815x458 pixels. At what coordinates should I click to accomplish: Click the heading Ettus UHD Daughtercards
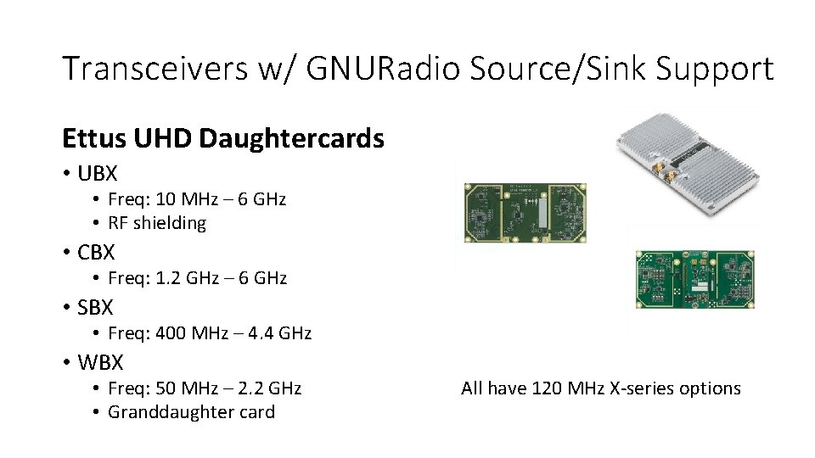[x=223, y=138]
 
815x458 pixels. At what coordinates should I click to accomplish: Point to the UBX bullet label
[x=97, y=174]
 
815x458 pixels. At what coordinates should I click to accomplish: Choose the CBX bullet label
[x=96, y=253]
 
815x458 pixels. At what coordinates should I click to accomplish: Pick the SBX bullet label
[x=95, y=307]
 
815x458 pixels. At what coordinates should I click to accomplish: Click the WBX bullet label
[x=100, y=362]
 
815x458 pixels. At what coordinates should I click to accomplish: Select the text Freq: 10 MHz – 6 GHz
[x=197, y=199]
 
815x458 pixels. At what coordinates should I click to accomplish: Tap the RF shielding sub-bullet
[x=157, y=223]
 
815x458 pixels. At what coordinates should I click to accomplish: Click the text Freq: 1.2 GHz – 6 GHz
[x=197, y=278]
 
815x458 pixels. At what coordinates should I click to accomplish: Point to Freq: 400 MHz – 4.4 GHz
[x=210, y=333]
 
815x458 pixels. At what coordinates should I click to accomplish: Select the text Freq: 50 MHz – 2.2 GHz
[x=205, y=388]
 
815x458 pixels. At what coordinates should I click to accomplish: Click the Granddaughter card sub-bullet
[x=191, y=412]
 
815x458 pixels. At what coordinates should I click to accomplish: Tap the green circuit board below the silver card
[x=694, y=279]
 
